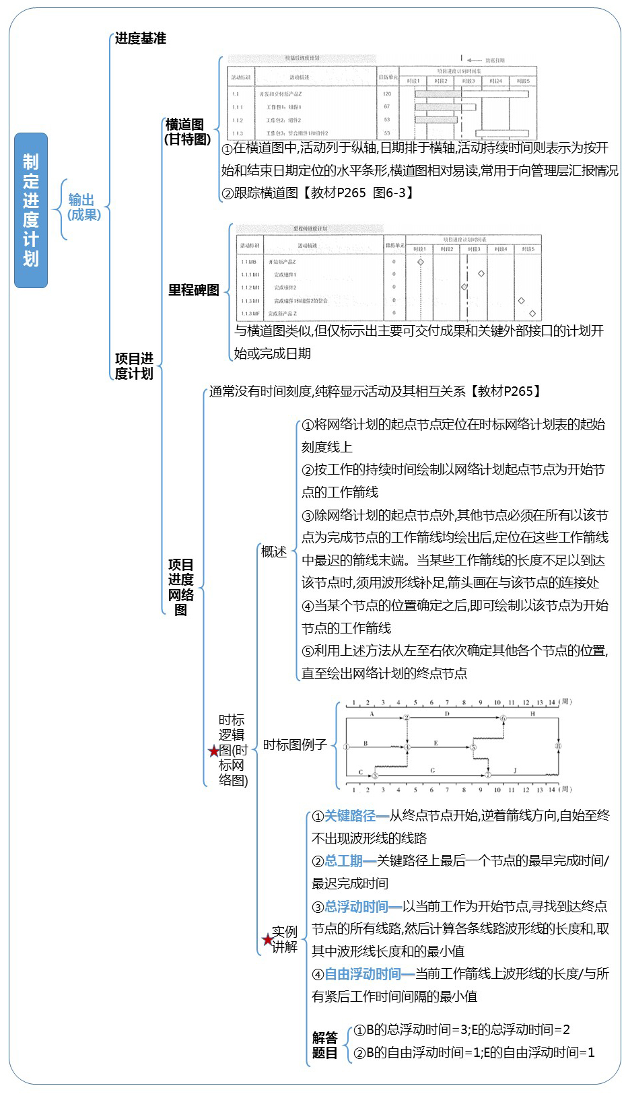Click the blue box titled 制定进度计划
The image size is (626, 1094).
(31, 210)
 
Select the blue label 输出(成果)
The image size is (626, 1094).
(83, 207)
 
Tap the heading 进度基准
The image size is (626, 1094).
(140, 38)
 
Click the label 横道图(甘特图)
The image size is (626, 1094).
(186, 132)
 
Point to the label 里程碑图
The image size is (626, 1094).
(194, 290)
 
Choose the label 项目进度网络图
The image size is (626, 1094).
(180, 587)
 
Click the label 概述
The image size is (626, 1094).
(274, 552)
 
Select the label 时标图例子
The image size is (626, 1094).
(295, 745)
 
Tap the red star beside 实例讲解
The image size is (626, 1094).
(267, 940)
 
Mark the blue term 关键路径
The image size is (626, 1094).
(350, 817)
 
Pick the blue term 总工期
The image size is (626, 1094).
(344, 861)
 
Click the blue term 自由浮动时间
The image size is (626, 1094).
(363, 974)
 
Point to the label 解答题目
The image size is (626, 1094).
(324, 1046)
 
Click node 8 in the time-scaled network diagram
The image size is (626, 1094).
(558, 746)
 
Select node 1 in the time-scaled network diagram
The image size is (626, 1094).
(346, 747)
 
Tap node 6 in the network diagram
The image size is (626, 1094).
(503, 718)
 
